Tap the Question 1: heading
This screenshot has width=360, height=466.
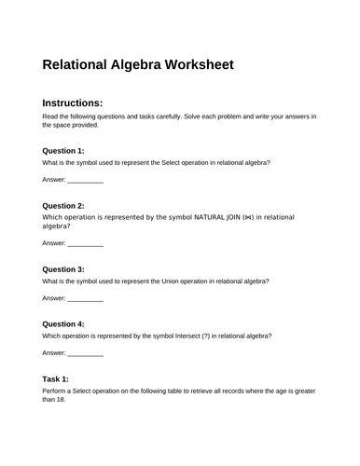63,150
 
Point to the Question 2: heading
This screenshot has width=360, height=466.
63,205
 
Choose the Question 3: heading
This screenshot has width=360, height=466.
63,268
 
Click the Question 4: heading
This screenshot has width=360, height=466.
63,323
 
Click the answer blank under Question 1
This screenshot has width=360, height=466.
86,180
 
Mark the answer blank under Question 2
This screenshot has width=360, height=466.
86,244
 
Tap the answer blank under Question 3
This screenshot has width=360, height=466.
86,299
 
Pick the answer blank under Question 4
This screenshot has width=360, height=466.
86,354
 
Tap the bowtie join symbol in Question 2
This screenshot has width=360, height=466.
246,217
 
